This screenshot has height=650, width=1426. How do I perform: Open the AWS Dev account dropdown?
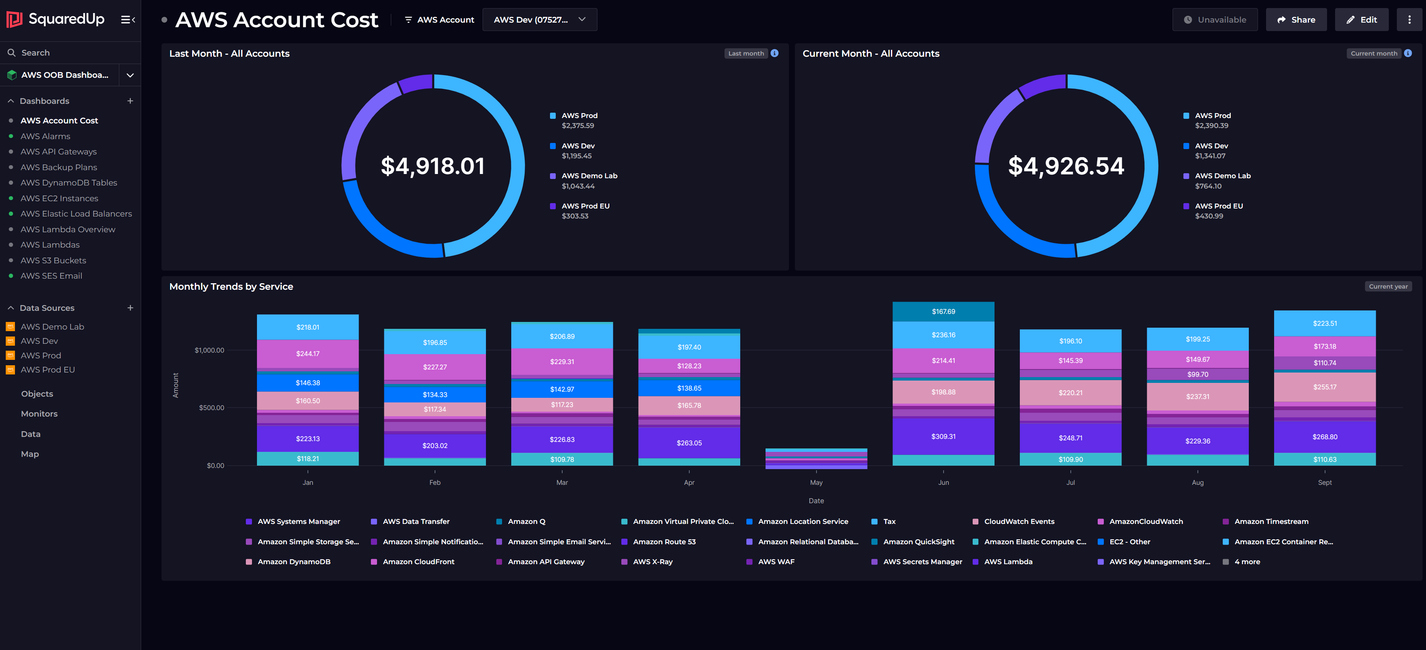539,20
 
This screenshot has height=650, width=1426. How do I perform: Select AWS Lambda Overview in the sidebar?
68,229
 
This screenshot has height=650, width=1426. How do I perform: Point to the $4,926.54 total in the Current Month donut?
1065,166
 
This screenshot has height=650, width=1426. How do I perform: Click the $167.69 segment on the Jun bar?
943,312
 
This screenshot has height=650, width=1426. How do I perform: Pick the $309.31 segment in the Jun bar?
943,437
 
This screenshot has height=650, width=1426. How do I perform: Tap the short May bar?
816,459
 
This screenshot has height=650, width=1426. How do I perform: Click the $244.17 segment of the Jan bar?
308,353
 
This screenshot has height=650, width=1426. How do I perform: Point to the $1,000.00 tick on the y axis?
209,350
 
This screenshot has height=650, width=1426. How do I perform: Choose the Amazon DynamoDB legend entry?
293,561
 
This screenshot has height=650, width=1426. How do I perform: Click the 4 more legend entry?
1247,561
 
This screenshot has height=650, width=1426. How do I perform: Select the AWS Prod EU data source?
48,369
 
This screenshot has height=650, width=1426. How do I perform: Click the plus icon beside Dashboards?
130,101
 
